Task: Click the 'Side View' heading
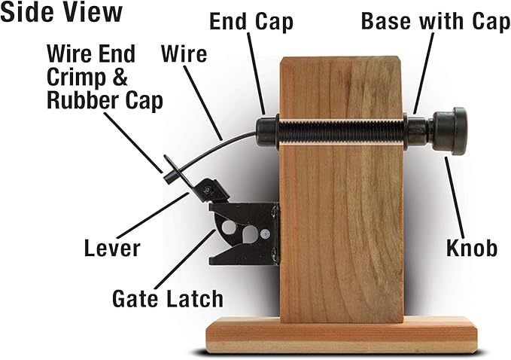tap(62, 14)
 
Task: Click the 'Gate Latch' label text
tap(167, 298)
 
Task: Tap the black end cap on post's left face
tap(268, 130)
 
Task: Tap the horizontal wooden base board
tap(342, 334)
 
